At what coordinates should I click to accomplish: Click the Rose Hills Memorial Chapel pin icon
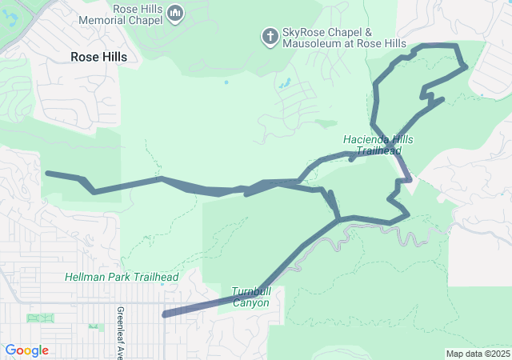pos(177,12)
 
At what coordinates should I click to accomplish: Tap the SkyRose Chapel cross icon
pos(270,35)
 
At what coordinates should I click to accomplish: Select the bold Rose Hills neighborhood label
pos(104,57)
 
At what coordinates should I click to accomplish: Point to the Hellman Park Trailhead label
pos(122,277)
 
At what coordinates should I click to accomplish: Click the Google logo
pos(26,350)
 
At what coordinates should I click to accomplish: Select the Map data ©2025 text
pos(477,354)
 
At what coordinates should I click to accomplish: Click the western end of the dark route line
pos(47,173)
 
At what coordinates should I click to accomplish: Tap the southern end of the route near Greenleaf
pos(165,314)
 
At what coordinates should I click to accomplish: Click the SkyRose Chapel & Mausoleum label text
pos(344,37)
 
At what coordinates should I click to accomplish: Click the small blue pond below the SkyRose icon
pos(286,82)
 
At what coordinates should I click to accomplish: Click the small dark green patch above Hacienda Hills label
pos(325,124)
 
